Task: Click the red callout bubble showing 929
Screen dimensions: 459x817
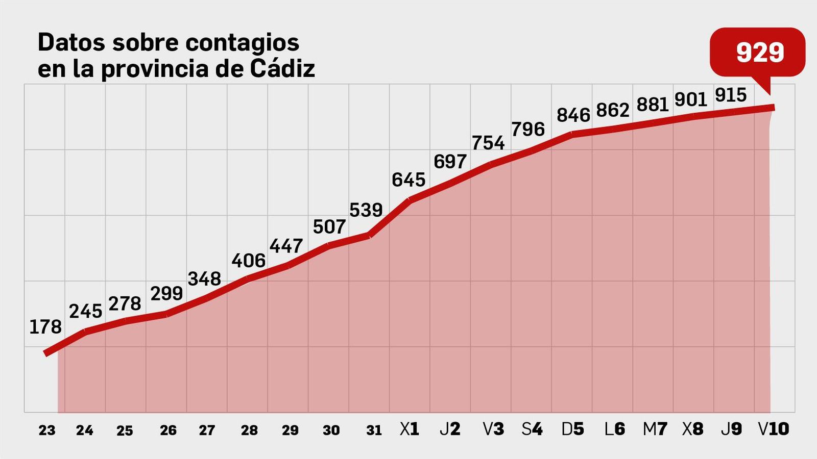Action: [759, 53]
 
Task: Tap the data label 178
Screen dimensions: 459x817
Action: [45, 327]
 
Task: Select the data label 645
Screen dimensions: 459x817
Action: [408, 180]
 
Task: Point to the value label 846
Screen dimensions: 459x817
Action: [573, 115]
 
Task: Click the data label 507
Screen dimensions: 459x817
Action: [329, 227]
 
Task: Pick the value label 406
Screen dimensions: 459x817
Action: [249, 261]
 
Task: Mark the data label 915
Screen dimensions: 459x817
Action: [731, 95]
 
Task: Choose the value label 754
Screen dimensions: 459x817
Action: [488, 143]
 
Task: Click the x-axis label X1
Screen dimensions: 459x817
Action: [410, 429]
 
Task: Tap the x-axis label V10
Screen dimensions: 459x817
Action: [774, 429]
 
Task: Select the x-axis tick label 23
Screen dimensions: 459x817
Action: [47, 430]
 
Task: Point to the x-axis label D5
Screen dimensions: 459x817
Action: [573, 429]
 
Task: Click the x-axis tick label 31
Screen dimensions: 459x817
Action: [374, 430]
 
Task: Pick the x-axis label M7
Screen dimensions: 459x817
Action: [655, 429]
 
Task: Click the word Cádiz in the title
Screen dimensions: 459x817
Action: [282, 69]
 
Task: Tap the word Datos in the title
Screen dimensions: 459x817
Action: [71, 42]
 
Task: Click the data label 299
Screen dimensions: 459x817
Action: [166, 293]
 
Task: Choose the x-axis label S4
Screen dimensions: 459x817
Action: [532, 429]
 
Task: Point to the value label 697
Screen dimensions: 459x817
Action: [450, 162]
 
